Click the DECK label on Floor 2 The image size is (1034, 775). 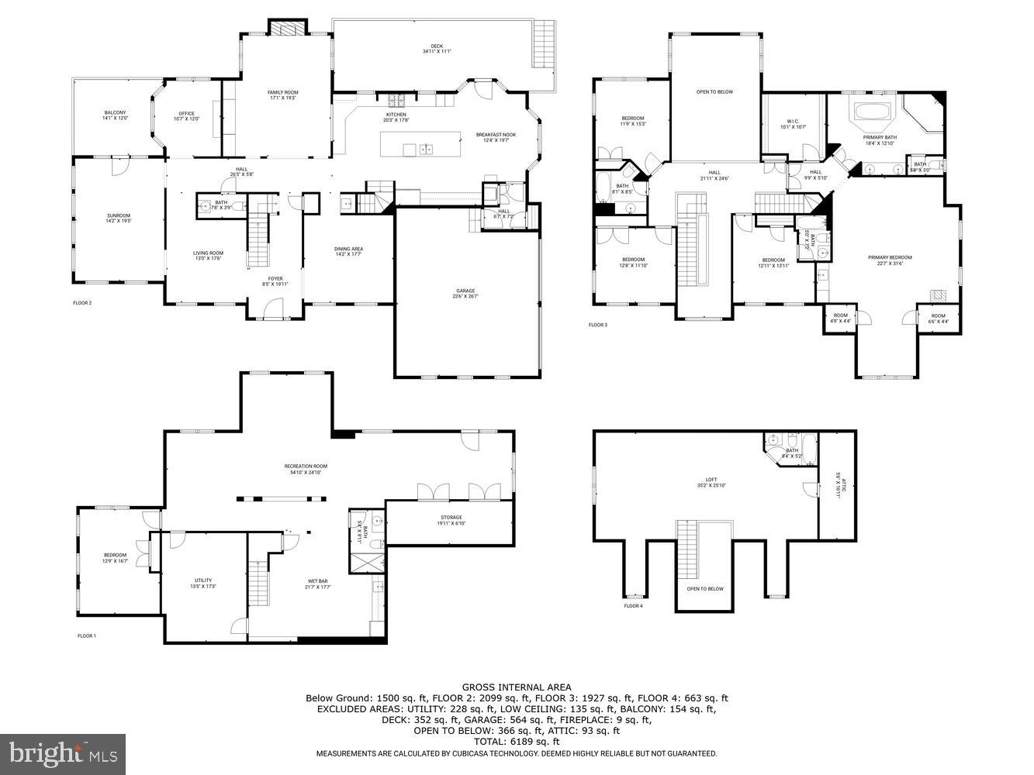click(437, 49)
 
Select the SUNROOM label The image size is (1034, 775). click(119, 218)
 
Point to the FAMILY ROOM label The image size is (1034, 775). click(282, 95)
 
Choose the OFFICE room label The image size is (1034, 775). click(186, 115)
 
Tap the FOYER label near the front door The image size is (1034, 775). click(275, 281)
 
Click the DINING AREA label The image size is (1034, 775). click(349, 251)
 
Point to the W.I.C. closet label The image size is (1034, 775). click(792, 123)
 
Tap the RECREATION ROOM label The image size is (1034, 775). click(306, 469)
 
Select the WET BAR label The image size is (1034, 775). click(319, 583)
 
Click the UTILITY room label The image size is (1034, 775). click(203, 583)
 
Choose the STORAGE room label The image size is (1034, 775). click(451, 520)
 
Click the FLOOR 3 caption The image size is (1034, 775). click(598, 325)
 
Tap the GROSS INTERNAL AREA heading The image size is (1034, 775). click(517, 687)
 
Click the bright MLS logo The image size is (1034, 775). click(64, 753)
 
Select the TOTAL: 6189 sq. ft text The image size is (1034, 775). click(517, 742)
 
